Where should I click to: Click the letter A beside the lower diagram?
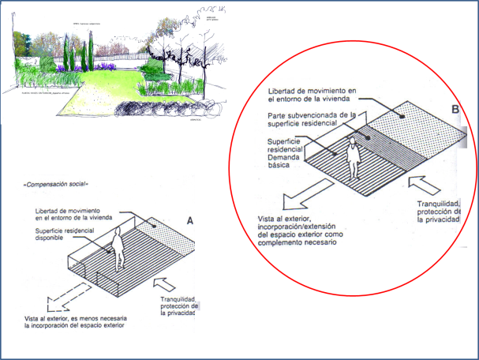point(191,221)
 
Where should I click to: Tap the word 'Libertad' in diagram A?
point(49,212)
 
